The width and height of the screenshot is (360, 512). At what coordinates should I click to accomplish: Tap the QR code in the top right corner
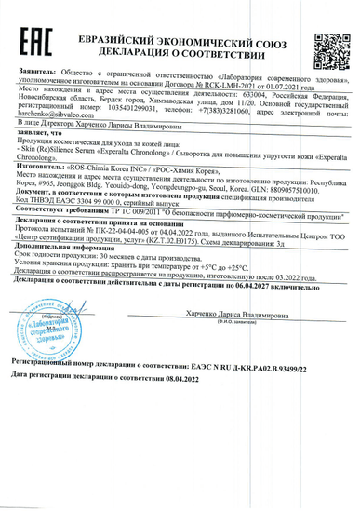coord(327,47)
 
